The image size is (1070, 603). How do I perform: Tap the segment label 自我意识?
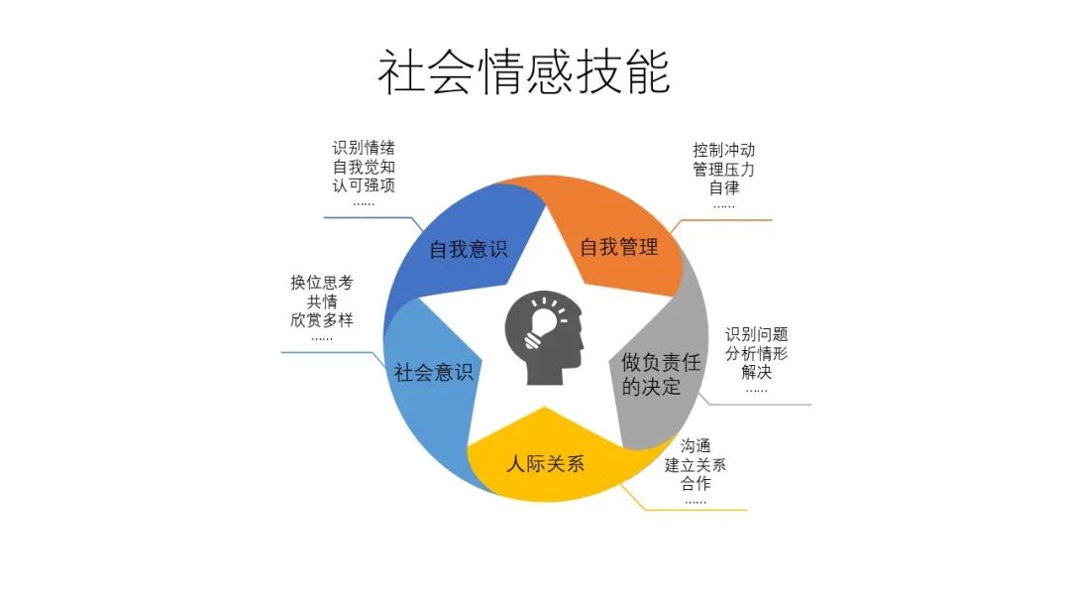click(x=468, y=248)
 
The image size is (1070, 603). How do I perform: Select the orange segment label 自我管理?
click(x=618, y=246)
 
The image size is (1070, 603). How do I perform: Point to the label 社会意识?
click(x=433, y=373)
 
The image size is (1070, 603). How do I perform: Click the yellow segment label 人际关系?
click(x=545, y=463)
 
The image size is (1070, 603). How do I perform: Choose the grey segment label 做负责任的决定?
click(x=661, y=374)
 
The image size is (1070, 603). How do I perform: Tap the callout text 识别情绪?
click(x=364, y=149)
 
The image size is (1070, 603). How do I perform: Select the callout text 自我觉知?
click(x=364, y=168)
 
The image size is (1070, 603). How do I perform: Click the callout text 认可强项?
click(x=364, y=185)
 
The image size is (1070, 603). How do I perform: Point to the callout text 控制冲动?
click(x=724, y=151)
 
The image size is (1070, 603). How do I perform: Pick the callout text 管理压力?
click(x=724, y=169)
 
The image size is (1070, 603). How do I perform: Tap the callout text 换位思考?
click(x=321, y=283)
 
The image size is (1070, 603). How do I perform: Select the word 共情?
click(x=321, y=301)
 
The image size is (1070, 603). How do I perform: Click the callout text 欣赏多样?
click(x=321, y=319)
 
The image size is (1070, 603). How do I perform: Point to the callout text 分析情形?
click(x=756, y=354)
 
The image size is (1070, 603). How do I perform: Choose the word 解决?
click(x=756, y=373)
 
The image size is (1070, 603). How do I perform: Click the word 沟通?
click(x=695, y=446)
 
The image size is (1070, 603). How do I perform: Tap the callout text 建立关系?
click(x=695, y=465)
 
